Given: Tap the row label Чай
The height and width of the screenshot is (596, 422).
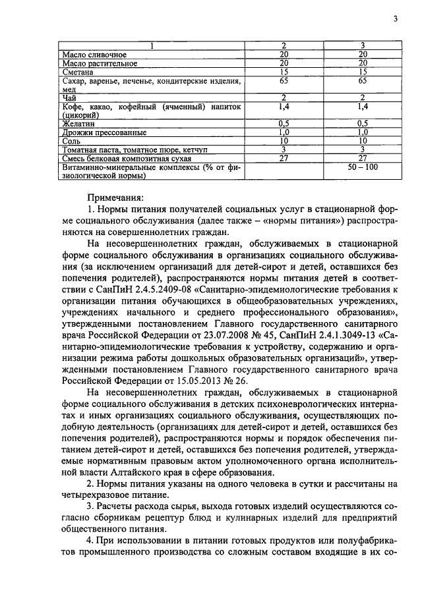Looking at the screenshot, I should pos(69,97).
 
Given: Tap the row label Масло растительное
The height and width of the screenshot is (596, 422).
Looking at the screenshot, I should pos(100,63).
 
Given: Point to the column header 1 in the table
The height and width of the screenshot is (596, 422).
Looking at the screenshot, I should pos(152,45).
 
